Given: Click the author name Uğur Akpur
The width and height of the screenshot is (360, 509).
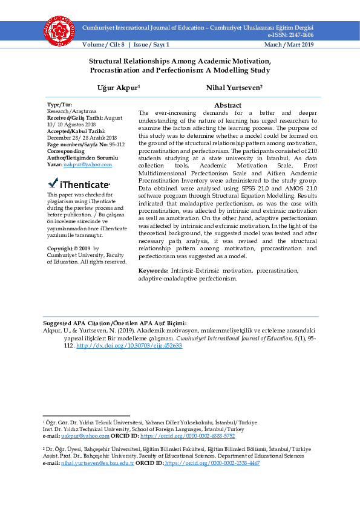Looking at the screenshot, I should (x=118, y=88).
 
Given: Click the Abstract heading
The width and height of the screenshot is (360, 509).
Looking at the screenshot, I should (x=227, y=105).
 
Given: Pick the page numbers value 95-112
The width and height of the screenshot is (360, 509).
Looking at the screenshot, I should (x=113, y=144).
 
